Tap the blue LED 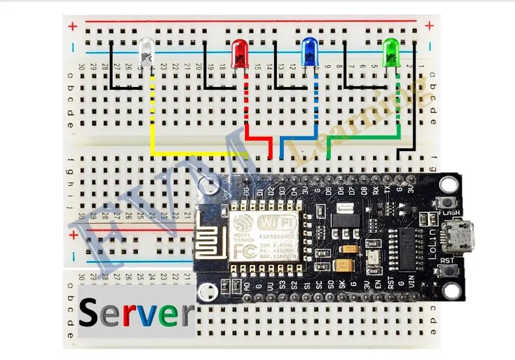click(x=310, y=52)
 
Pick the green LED click(x=391, y=50)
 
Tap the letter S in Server click(x=92, y=313)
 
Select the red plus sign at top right click(x=430, y=25)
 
